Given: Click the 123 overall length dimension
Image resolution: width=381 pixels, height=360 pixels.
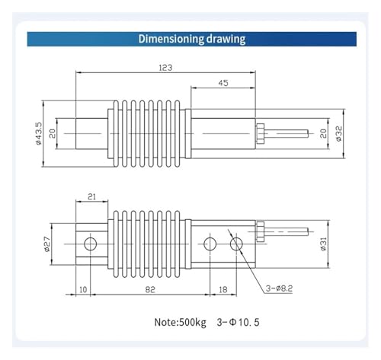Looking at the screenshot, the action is point(165,68).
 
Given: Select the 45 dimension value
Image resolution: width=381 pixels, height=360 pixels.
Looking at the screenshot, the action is point(223,83).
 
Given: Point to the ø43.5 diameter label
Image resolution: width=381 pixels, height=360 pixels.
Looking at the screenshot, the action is point(39,133).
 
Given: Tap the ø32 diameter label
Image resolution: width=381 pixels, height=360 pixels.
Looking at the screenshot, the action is point(339,134).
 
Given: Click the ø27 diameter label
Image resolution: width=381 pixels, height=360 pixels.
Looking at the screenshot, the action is point(47,244).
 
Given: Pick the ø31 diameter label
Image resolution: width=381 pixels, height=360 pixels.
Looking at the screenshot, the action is point(323,244).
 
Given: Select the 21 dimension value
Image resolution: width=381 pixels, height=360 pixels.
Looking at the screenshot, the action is point(91,196).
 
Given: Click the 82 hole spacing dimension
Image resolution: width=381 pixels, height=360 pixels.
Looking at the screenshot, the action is point(150,289).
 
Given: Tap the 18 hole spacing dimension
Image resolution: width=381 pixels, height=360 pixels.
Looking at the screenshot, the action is point(223,289).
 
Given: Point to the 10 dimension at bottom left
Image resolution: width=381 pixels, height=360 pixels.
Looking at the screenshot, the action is point(83,289).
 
